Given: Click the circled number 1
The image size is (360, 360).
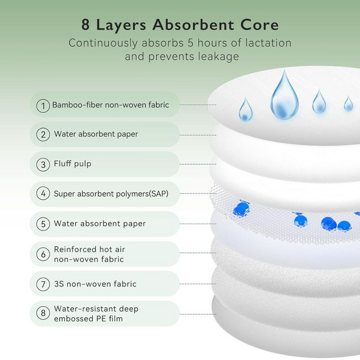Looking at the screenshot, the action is [43, 106].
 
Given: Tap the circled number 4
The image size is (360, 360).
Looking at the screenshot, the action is [43, 193].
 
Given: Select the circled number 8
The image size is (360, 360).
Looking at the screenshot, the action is [43, 313].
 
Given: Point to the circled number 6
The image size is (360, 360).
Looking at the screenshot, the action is [43, 254].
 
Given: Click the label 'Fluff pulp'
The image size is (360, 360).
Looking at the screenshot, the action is [72, 163].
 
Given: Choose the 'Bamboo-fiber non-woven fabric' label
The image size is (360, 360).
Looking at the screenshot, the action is [110, 105].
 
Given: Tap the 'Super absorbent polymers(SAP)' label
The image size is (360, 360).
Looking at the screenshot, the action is [111, 194].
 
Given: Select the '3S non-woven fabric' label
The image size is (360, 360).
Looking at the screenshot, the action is [95, 284].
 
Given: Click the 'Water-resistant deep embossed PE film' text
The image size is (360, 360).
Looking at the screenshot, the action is [96, 313].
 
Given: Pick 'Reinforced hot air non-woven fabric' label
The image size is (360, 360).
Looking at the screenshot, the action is [89, 254].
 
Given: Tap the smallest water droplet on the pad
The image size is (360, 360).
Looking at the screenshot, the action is [348, 103].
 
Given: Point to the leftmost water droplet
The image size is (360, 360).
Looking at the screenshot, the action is [245, 109].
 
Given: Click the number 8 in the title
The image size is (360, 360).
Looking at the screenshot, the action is [85, 24].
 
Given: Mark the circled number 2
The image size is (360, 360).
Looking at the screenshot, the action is [43, 134].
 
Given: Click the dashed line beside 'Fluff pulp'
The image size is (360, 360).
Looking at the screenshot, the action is [198, 164].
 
